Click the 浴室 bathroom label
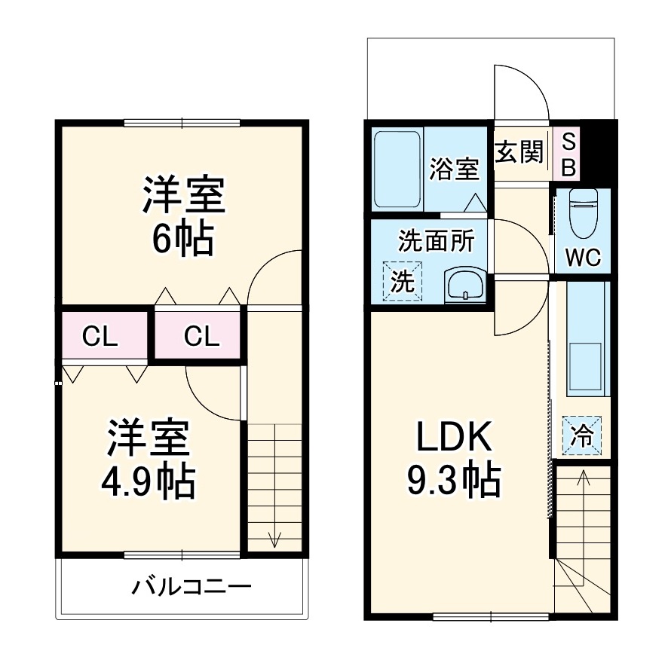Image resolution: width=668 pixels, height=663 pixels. (x=454, y=168)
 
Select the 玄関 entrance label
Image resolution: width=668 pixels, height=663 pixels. (x=519, y=152)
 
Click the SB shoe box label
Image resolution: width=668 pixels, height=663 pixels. (x=569, y=154)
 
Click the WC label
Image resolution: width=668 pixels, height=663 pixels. (x=583, y=258)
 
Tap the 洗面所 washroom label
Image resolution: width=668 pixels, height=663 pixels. (x=436, y=241)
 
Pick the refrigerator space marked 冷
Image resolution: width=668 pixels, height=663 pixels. (x=582, y=435)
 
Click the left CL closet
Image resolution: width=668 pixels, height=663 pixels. (x=101, y=336)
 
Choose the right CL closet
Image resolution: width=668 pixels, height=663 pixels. (x=201, y=336)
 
